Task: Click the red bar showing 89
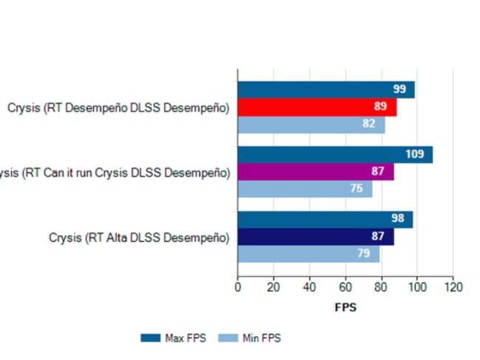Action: (x=318, y=107)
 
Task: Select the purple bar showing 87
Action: (x=315, y=172)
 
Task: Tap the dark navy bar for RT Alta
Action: (x=315, y=237)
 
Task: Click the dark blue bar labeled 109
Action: (x=335, y=154)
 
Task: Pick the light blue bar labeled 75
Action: (x=305, y=189)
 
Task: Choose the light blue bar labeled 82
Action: (x=311, y=125)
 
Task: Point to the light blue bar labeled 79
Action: (x=309, y=254)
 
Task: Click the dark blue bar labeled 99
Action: (x=326, y=89)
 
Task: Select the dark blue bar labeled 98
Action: (x=325, y=220)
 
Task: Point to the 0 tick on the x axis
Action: (x=238, y=287)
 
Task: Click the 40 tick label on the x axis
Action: (x=309, y=287)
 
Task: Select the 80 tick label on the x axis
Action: (x=382, y=287)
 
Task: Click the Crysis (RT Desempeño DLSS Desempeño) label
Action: (x=118, y=108)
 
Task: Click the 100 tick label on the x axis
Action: (x=417, y=287)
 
